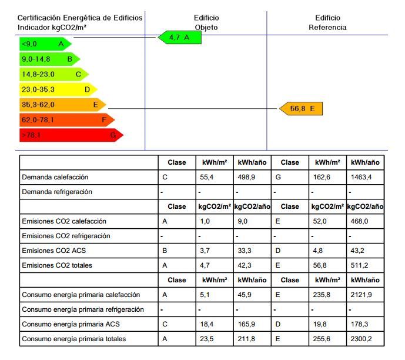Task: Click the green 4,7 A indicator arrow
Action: click(180, 38)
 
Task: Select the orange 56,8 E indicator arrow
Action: click(301, 109)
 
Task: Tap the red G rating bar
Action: click(71, 135)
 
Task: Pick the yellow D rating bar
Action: click(58, 89)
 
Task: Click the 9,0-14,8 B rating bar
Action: click(49, 59)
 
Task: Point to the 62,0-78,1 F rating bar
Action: click(67, 120)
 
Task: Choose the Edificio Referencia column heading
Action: click(327, 22)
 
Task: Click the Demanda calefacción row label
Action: click(55, 177)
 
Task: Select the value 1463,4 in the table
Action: click(361, 177)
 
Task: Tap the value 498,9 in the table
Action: click(246, 177)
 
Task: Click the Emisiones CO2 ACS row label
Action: click(53, 251)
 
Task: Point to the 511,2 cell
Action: click(359, 265)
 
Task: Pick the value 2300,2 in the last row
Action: click(361, 339)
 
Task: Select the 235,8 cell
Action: click(322, 295)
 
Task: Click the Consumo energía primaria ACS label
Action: click(71, 324)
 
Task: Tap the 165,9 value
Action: click(246, 324)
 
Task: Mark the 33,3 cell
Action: click(245, 251)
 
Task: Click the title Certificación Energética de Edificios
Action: click(80, 18)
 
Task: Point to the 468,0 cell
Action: click(359, 221)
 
